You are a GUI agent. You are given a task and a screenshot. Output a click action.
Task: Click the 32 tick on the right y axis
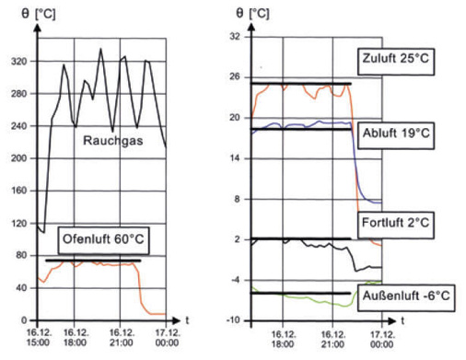(234, 37)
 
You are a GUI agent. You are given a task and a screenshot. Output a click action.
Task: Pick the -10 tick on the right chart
(232, 319)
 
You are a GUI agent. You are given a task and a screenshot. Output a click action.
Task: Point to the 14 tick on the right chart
(234, 158)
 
